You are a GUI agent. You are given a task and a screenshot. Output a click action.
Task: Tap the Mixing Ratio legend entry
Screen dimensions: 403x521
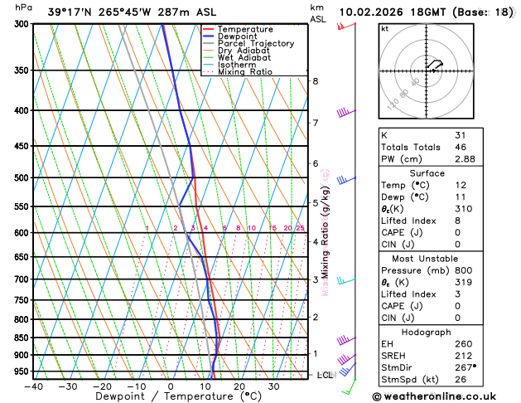click(245, 71)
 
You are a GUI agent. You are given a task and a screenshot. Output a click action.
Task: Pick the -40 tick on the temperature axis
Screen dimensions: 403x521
click(33, 386)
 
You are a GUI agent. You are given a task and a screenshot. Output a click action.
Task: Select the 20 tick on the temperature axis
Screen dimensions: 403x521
click(239, 386)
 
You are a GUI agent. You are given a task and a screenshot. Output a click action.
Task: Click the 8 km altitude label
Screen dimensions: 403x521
click(315, 81)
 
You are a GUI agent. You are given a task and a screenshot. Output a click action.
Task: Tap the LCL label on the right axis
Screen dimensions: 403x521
click(326, 375)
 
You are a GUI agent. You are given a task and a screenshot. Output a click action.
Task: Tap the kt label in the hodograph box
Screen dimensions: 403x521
click(384, 28)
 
